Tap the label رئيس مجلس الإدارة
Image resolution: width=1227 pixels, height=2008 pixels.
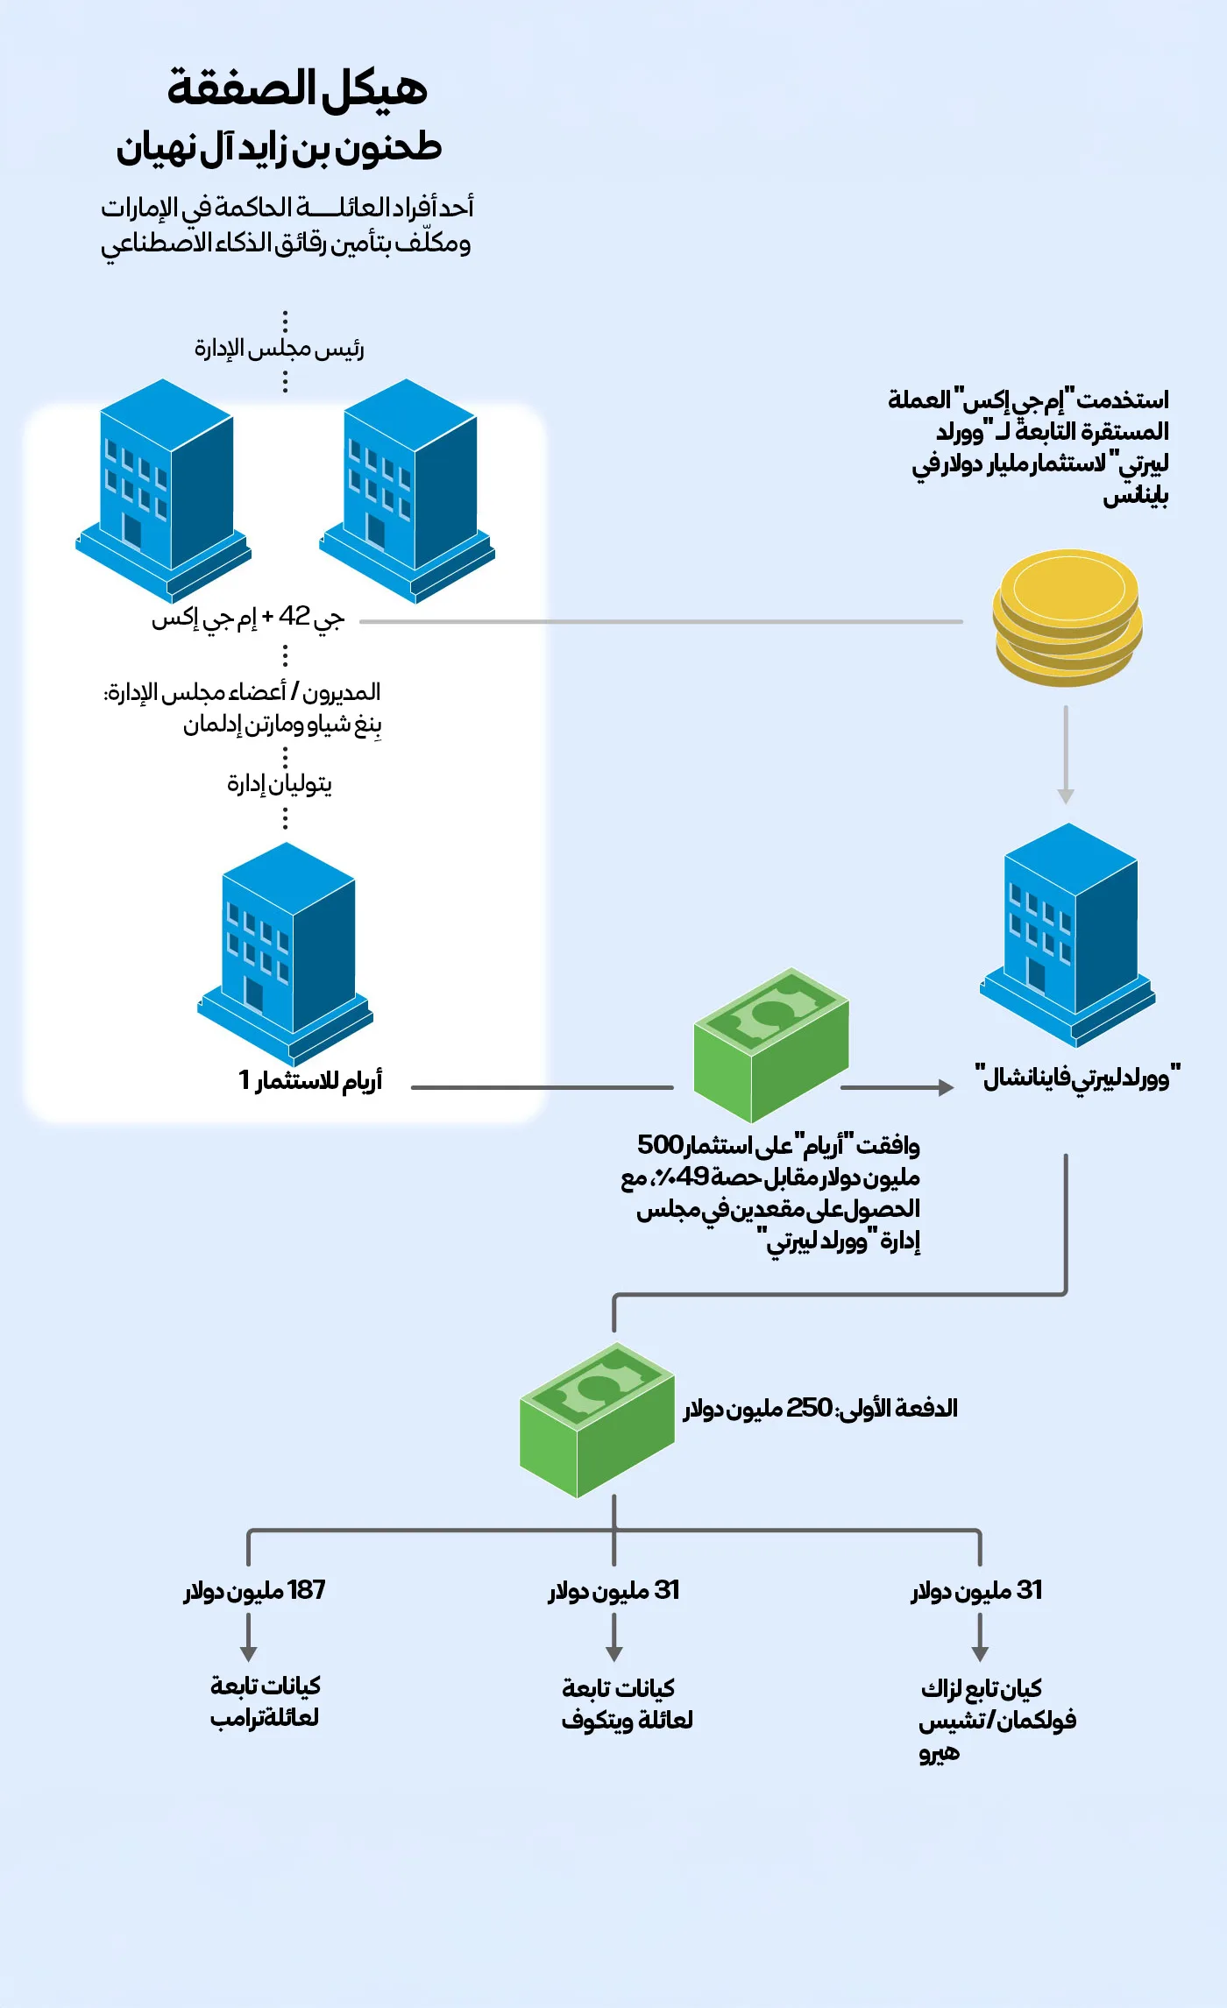[x=279, y=349]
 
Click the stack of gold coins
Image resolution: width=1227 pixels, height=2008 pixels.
[x=1067, y=618]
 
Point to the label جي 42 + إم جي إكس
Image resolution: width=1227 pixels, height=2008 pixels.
[x=248, y=618]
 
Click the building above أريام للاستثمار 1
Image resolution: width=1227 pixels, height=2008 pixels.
[x=286, y=951]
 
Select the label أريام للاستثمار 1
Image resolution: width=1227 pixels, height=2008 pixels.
[x=310, y=1080]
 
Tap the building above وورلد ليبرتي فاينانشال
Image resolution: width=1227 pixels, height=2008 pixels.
[x=1067, y=933]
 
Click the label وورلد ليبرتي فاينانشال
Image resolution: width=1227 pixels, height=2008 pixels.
[x=1078, y=1077]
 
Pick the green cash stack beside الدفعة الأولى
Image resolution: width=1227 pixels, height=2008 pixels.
[x=597, y=1419]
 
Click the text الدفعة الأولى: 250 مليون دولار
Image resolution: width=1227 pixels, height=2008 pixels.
[x=820, y=1408]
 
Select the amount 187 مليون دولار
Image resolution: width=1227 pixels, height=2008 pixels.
[x=254, y=1590]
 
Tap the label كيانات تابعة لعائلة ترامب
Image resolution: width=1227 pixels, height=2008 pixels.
[x=265, y=1701]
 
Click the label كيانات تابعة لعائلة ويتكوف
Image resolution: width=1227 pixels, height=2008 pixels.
[x=627, y=1704]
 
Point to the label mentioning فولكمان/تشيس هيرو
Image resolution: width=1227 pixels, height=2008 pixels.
[x=996, y=1720]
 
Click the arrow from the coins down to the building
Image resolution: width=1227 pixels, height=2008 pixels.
[x=1066, y=753]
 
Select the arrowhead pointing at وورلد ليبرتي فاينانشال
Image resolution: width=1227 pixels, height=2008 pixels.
[x=946, y=1087]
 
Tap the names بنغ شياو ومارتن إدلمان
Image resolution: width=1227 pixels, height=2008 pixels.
[x=282, y=725]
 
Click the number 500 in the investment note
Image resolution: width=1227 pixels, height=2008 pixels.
[x=659, y=1145]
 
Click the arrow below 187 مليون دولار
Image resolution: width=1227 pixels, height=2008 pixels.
[x=249, y=1637]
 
